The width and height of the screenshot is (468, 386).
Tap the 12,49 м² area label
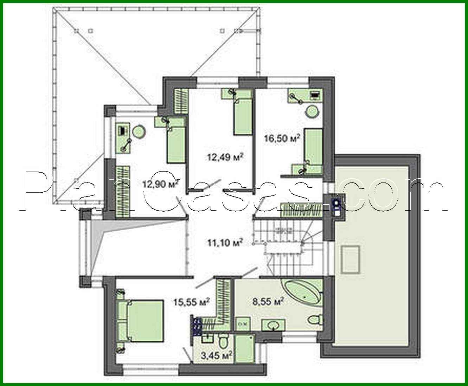pyautogui.click(x=225, y=157)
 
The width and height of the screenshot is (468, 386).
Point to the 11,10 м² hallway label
pyautogui.click(x=225, y=242)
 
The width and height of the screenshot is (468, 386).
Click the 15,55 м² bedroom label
pyautogui.click(x=192, y=301)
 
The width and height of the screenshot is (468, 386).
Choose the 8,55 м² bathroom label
pyautogui.click(x=268, y=301)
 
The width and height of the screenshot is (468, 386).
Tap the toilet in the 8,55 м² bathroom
pyautogui.click(x=314, y=320)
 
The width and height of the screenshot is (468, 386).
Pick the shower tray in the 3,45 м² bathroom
pyautogui.click(x=244, y=348)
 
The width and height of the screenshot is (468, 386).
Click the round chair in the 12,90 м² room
pyautogui.click(x=139, y=132)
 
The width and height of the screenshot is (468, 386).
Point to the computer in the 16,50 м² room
pyautogui.click(x=315, y=95)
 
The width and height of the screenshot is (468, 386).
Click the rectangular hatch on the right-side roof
pyautogui.click(x=350, y=259)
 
